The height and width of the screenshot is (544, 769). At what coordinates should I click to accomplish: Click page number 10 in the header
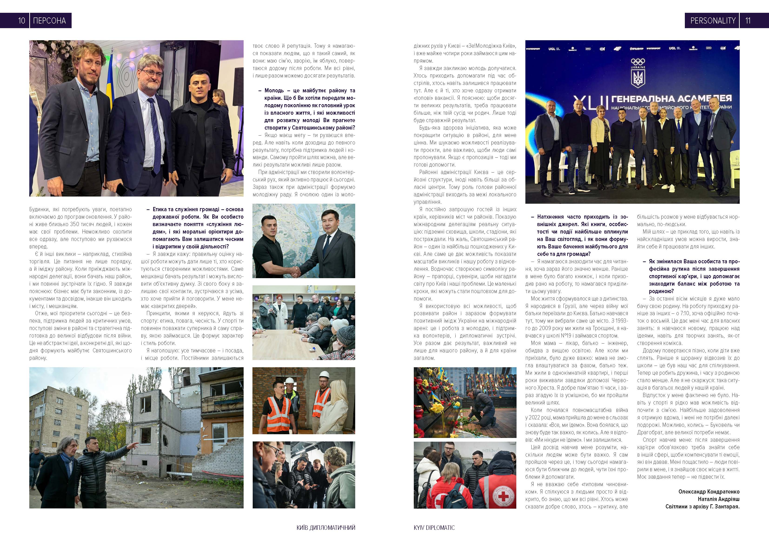(x=21, y=21)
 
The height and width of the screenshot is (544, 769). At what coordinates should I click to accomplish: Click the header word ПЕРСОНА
(x=50, y=21)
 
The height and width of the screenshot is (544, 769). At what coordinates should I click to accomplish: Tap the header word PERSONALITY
(x=713, y=21)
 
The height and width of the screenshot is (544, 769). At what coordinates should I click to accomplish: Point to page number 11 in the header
(x=748, y=21)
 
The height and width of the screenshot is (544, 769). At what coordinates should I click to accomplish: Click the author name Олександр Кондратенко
(x=709, y=492)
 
